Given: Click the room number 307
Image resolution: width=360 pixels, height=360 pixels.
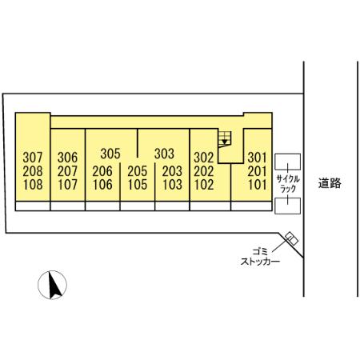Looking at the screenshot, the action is pos(33,158).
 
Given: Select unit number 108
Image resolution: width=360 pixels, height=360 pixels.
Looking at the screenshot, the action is pos(33,185).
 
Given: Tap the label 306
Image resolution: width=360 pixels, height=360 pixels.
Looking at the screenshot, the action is pos(67,158).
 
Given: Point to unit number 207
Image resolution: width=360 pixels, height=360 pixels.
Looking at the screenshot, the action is pos(67,171).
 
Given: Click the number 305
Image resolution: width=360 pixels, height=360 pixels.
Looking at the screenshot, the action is pos(110,154).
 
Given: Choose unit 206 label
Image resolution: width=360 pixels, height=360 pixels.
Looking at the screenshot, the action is pos(102,171).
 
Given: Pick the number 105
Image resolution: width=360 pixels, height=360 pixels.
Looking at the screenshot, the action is pos(138,185).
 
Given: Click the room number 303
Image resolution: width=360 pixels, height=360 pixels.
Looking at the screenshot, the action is pos(164,154).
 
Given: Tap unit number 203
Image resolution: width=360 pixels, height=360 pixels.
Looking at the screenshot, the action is pos(172,171).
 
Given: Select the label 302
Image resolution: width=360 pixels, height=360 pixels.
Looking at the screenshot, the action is pos(204,158).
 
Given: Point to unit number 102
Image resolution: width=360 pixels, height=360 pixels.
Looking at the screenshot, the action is pos(204,185).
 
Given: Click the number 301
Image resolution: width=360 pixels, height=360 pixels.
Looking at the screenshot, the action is pos(258,158).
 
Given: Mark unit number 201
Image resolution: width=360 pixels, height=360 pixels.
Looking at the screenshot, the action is pos(258,171).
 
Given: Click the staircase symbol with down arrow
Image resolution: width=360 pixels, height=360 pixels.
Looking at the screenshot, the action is pos(225,138).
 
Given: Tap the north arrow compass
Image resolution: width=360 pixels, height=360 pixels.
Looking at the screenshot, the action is pos(52,285).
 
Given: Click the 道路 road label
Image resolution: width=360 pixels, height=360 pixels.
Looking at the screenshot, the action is pos(330,183).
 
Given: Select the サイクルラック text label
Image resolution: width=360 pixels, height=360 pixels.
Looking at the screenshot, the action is pos(288,183).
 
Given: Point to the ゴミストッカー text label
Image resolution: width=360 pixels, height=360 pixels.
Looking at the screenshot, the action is pos(260,256).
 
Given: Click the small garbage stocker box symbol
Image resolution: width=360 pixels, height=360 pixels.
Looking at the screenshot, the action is pos(291,238).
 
